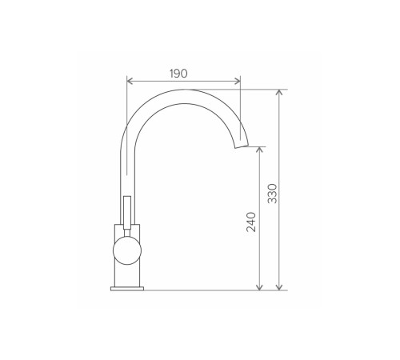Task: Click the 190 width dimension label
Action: pos(178,74)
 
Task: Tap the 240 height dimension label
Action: pos(251,222)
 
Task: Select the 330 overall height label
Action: pos(272,194)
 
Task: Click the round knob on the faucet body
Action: pos(127,250)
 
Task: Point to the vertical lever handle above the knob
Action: pos(127,213)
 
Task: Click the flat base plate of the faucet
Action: pos(127,289)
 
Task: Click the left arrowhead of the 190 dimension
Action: pos(130,81)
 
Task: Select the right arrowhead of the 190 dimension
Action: pos(238,81)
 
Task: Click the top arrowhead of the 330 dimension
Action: pos(279,92)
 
